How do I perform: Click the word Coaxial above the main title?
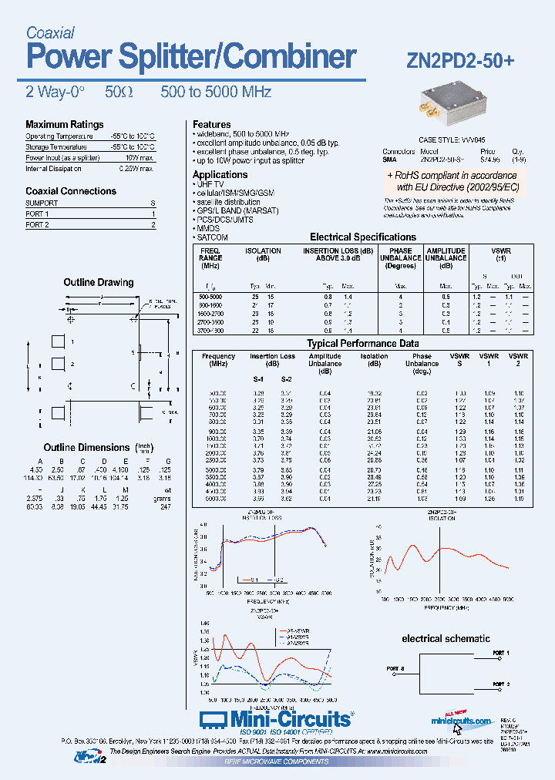(50, 33)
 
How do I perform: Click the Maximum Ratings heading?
(64, 125)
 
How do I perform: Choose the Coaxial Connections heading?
(71, 191)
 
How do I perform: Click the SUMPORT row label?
(42, 203)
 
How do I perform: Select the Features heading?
(211, 125)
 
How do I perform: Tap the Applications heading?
(220, 175)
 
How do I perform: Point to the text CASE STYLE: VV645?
(451, 140)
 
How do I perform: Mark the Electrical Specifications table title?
(362, 237)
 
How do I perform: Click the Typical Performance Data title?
(363, 344)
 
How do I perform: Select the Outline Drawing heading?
(98, 283)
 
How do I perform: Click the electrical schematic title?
(446, 638)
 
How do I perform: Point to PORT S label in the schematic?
(395, 667)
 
